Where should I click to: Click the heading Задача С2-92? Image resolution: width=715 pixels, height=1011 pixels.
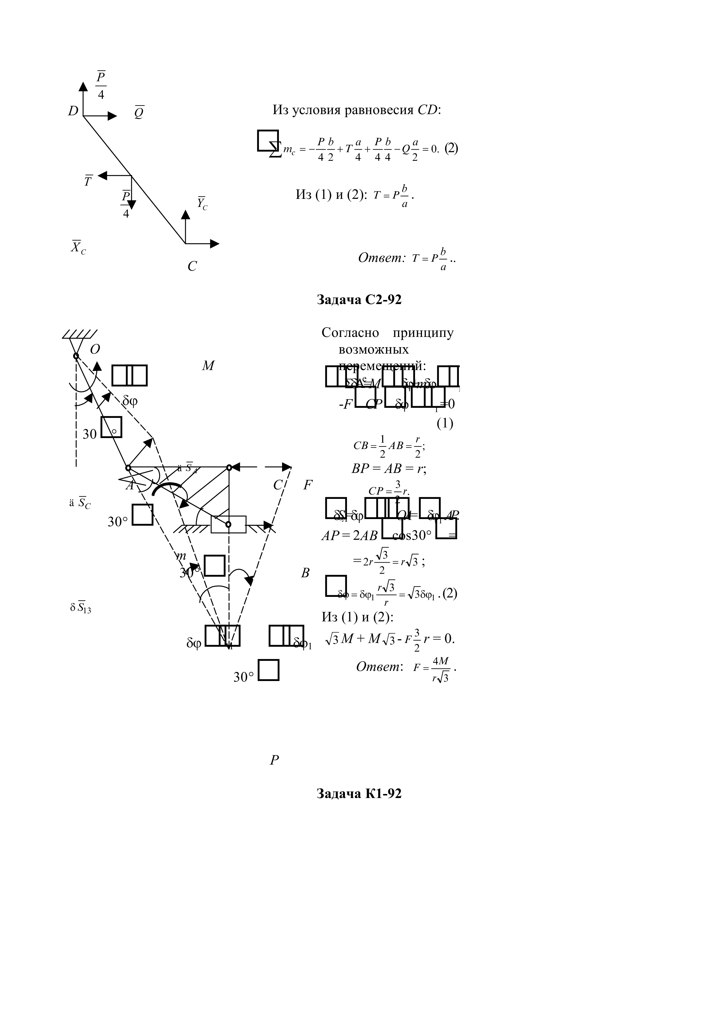pos(359,300)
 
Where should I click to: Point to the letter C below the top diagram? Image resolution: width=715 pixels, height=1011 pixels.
pos(192,266)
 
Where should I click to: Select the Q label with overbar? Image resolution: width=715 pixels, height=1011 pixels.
pos(139,113)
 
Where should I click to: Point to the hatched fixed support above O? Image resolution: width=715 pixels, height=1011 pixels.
pos(79,335)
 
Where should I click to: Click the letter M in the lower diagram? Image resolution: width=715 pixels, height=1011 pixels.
pos(208,366)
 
